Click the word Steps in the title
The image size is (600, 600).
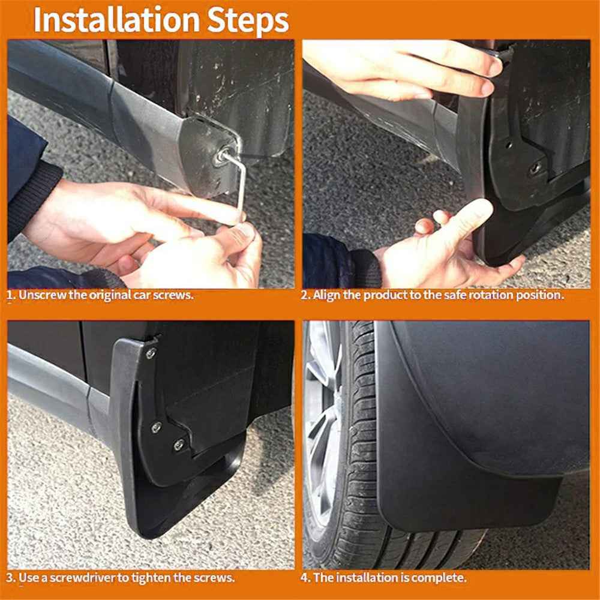(248, 22)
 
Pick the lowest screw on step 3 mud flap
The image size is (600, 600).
(178, 445)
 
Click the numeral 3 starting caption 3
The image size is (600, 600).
(10, 578)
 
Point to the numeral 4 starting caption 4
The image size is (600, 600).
(304, 578)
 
